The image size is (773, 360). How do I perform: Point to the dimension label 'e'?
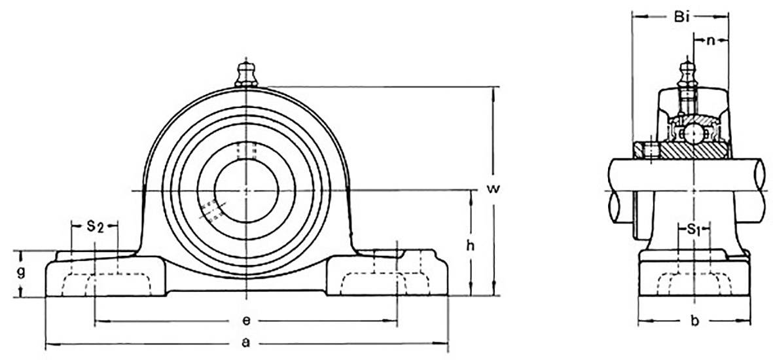246,321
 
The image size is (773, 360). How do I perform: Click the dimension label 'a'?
246,342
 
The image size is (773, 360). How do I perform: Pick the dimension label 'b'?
695,321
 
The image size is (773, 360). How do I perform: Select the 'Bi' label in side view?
681,18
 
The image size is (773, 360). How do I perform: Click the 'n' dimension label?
711,41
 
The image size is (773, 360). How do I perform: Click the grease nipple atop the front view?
246,73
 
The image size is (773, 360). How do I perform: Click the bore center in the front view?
246,190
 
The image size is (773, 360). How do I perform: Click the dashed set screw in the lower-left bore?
212,210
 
